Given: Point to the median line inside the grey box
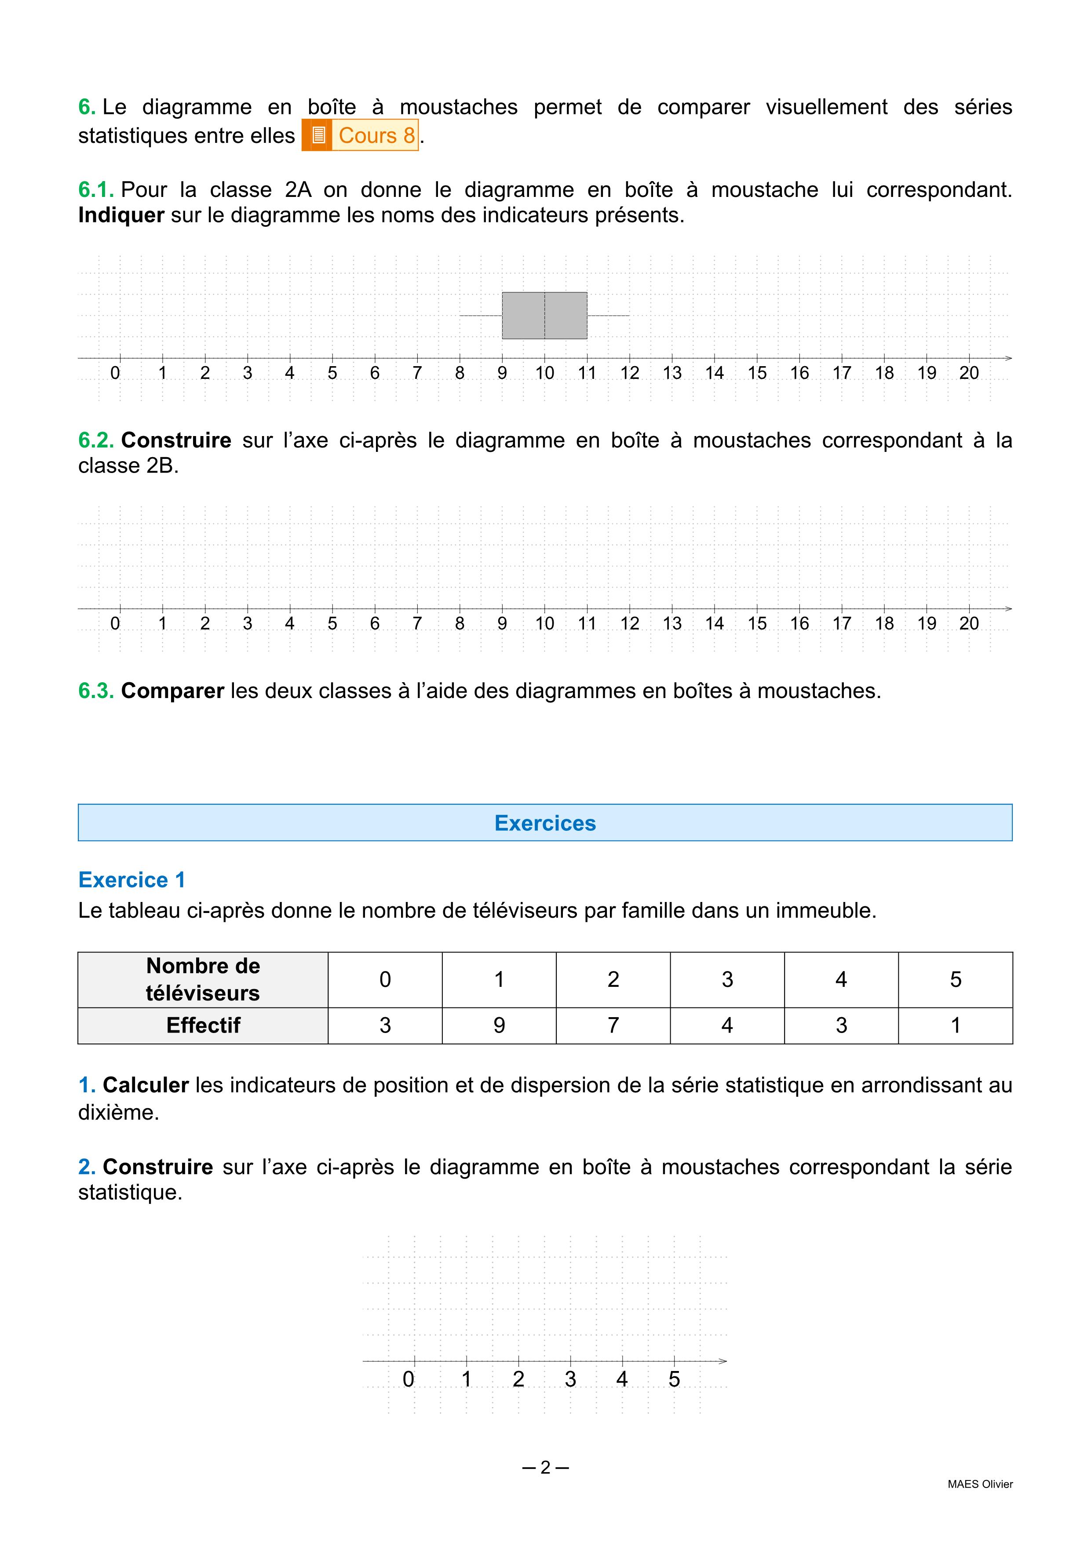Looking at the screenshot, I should (545, 316).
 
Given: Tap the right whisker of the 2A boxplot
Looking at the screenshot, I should (608, 315).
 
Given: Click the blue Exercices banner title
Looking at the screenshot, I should (545, 823).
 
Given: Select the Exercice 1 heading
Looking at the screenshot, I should (131, 880).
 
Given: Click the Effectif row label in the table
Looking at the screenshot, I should (203, 1026).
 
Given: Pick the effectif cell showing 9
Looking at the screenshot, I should (499, 1026).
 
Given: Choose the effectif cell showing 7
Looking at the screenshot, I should (613, 1026).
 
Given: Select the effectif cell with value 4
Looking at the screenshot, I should (727, 1026).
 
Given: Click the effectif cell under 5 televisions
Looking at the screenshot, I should (955, 1026).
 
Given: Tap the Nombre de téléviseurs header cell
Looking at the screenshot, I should (203, 979).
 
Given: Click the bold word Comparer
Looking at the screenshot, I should (173, 691).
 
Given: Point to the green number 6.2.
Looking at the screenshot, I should (96, 440).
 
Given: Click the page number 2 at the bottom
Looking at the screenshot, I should (545, 1467).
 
